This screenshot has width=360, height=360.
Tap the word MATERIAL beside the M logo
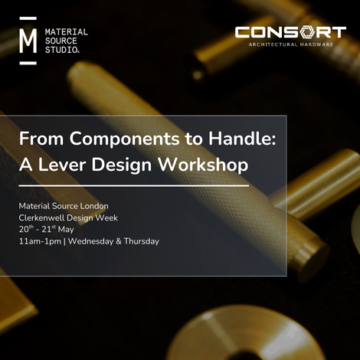coord(67,32)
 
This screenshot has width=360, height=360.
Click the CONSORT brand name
coord(290,32)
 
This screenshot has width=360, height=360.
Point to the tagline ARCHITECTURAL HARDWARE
coord(290,44)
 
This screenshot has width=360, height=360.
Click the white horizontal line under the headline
coord(134,185)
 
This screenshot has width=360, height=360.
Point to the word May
coord(67,229)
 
